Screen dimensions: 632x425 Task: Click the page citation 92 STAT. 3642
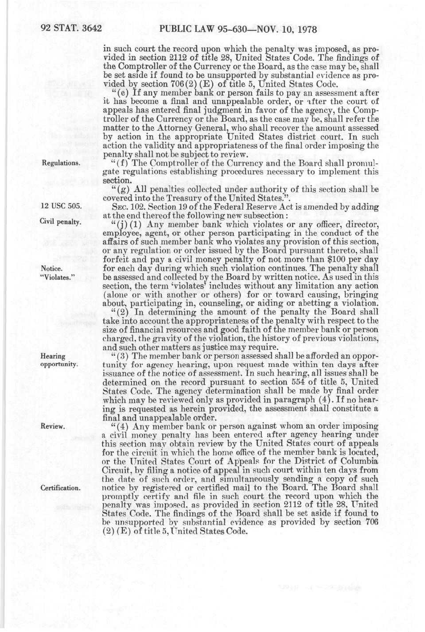[x=71, y=29]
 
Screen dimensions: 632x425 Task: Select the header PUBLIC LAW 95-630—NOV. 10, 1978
[x=238, y=29]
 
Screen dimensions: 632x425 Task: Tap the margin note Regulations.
[x=61, y=163]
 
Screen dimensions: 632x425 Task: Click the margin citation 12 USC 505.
[x=61, y=206]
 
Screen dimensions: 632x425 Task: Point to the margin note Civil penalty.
[x=60, y=222]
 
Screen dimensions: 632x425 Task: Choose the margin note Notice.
[x=51, y=268]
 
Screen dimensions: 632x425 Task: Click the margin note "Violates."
[x=58, y=277]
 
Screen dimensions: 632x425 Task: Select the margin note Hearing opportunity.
[x=59, y=360]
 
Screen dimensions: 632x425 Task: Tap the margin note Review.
[x=53, y=426]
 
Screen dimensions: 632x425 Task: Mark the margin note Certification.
[x=61, y=488]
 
